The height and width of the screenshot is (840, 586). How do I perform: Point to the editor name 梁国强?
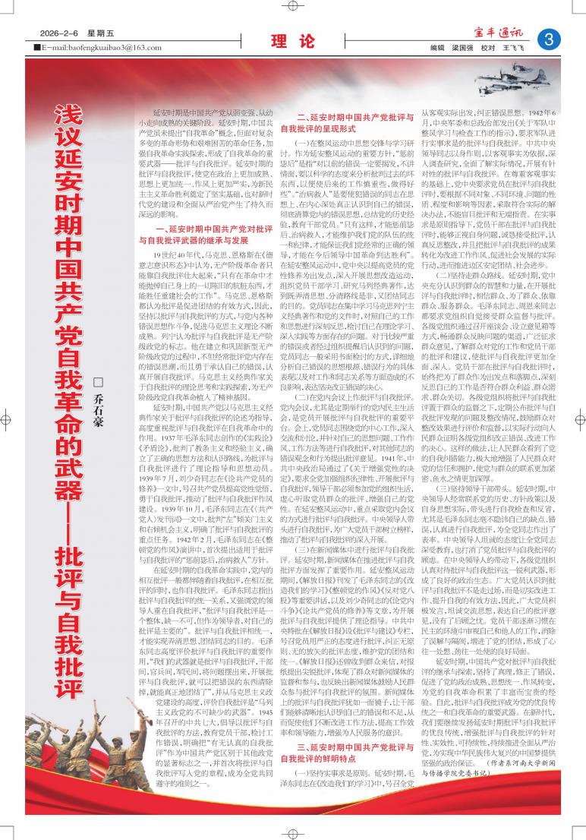[463, 47]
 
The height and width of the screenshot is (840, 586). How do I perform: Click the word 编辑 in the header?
[436, 47]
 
